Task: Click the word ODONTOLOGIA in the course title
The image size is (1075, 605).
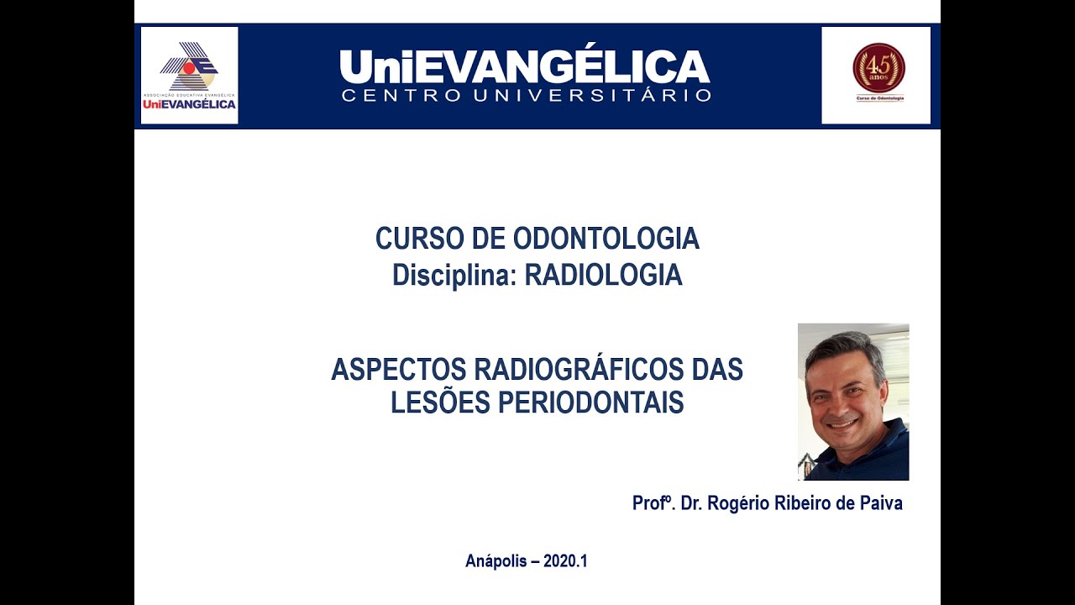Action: (x=606, y=239)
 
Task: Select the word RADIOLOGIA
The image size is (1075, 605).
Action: (x=603, y=276)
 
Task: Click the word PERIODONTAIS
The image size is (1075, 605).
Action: (x=591, y=403)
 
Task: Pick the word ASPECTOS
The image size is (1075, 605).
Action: (x=398, y=370)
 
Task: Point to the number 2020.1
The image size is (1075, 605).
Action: (x=565, y=561)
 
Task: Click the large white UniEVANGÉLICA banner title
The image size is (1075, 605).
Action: (x=525, y=66)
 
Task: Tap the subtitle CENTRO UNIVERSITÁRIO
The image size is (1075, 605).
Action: (x=526, y=96)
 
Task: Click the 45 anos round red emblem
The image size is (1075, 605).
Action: (x=878, y=68)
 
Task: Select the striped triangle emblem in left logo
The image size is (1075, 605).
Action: (x=189, y=66)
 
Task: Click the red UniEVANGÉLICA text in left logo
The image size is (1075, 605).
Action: (x=189, y=105)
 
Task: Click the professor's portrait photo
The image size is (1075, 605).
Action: (x=853, y=402)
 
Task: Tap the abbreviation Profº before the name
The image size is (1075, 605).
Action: (x=653, y=503)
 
